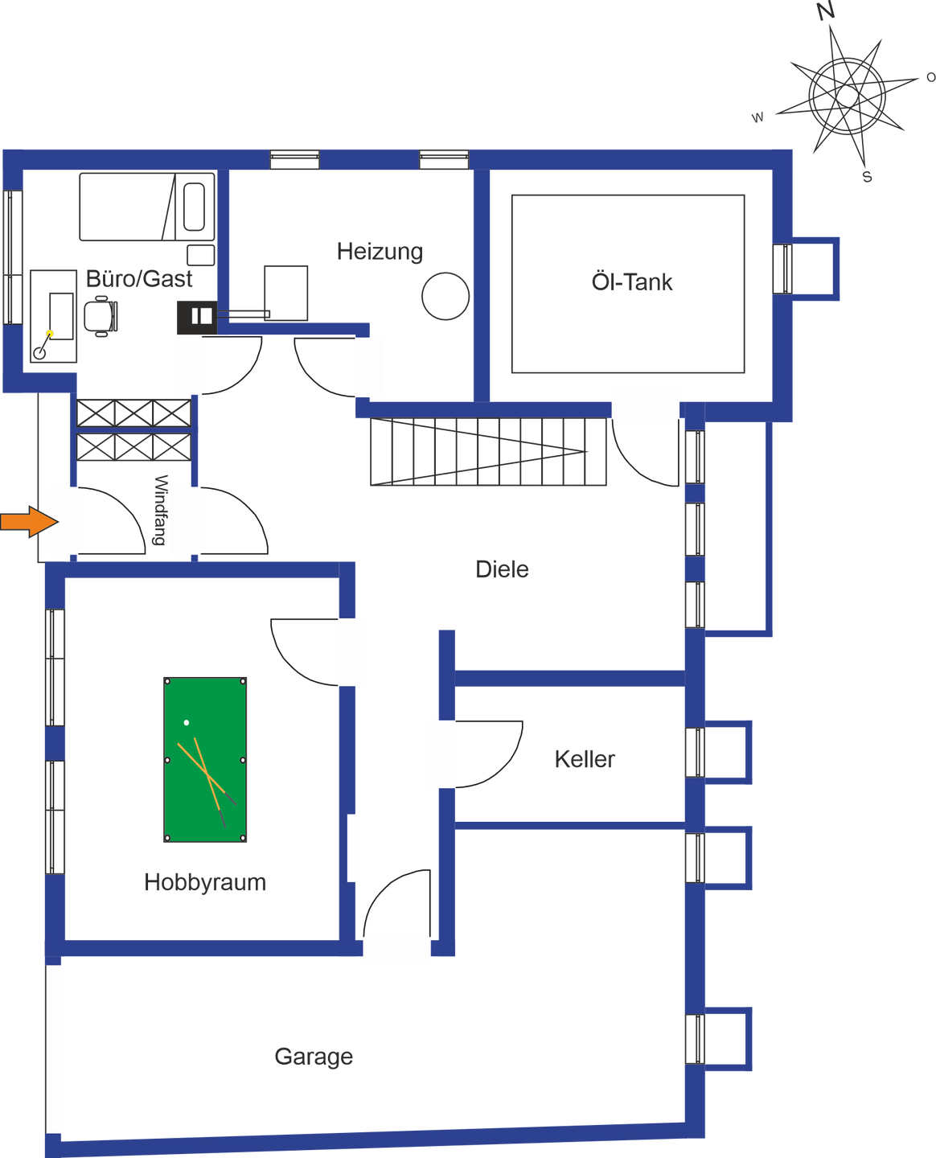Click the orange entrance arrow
click(29, 522)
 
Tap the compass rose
click(846, 95)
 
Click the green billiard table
click(205, 759)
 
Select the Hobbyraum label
click(205, 882)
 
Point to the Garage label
click(314, 1056)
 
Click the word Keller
click(585, 758)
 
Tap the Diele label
click(502, 569)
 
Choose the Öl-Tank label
click(631, 282)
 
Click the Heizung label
click(380, 252)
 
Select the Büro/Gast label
click(140, 279)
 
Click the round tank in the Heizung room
click(445, 296)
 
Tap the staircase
click(488, 453)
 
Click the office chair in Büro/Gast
click(101, 316)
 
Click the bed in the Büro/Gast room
click(146, 207)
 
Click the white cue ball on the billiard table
click(187, 723)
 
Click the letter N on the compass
click(825, 11)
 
